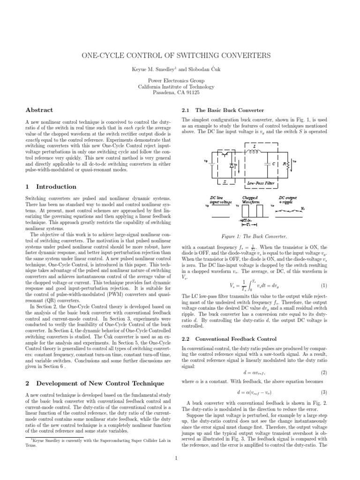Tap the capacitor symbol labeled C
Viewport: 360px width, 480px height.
click(271, 164)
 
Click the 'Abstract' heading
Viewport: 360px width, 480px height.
click(38, 110)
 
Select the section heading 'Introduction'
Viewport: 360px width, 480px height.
click(52, 187)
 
